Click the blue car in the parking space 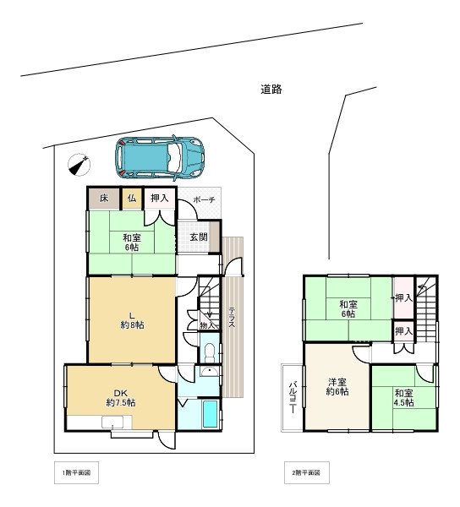pyautogui.click(x=160, y=158)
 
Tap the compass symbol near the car pyautogui.click(x=79, y=166)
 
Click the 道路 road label pyautogui.click(x=271, y=90)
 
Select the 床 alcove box pyautogui.click(x=104, y=199)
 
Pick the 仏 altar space pyautogui.click(x=132, y=199)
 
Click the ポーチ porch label pyautogui.click(x=204, y=199)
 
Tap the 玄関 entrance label pyautogui.click(x=199, y=237)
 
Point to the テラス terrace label pyautogui.click(x=232, y=317)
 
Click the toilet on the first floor pyautogui.click(x=210, y=352)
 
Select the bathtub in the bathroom pyautogui.click(x=211, y=414)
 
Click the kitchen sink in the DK pyautogui.click(x=112, y=422)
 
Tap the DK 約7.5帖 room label pyautogui.click(x=121, y=398)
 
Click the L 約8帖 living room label pyautogui.click(x=132, y=320)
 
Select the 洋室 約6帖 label pyautogui.click(x=337, y=387)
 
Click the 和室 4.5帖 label pyautogui.click(x=404, y=398)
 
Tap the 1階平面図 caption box pyautogui.click(x=76, y=472)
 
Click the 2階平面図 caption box pyautogui.click(x=307, y=472)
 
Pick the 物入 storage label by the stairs pyautogui.click(x=207, y=325)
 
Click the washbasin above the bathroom pyautogui.click(x=210, y=372)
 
